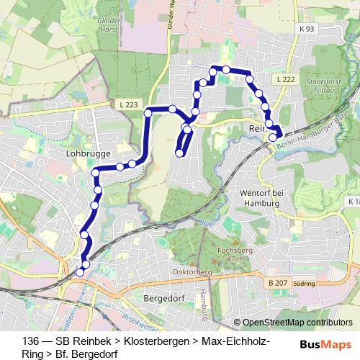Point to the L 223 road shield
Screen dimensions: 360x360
coord(126,104)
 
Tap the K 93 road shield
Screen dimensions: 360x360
coord(305,29)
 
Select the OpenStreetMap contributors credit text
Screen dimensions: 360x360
coord(297,323)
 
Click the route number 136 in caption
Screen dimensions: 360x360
coord(30,341)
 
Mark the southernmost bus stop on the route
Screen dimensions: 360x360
coord(80,272)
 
